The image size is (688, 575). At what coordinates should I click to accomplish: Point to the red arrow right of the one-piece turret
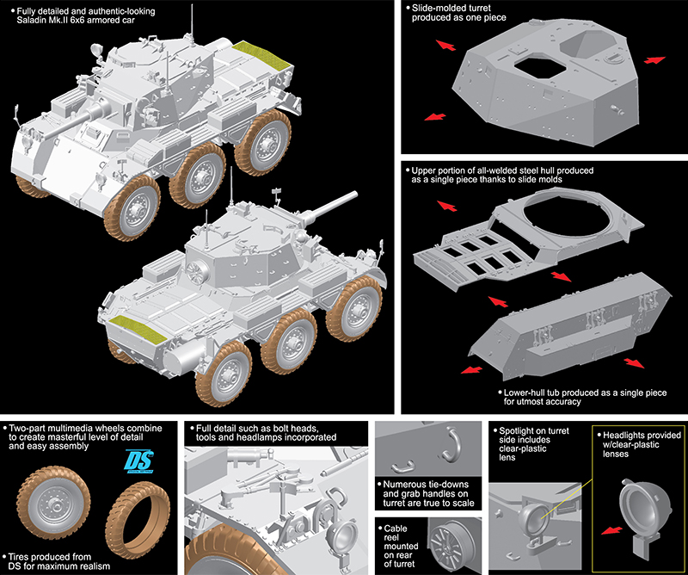(x=654, y=59)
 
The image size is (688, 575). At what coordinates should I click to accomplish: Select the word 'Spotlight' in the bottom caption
(x=519, y=428)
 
